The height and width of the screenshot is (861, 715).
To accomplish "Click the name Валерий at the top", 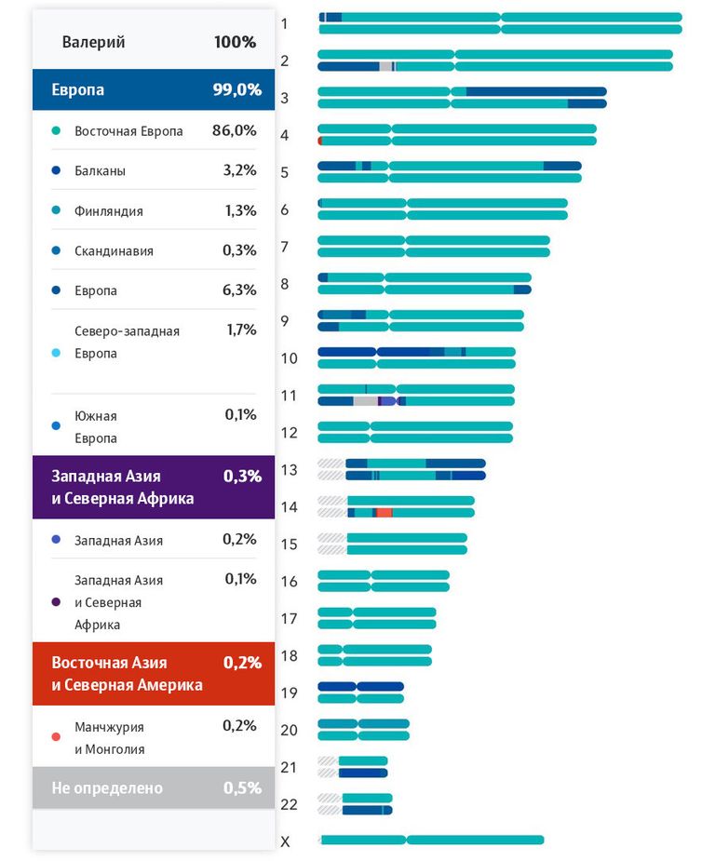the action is pos(93,42).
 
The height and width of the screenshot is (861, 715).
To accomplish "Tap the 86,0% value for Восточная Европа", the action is pos(235,130).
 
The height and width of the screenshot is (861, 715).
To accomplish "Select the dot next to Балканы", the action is pos(56,170).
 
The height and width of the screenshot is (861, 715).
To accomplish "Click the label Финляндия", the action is pos(109,211).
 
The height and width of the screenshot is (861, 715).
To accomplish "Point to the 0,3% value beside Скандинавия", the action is pos(239,250).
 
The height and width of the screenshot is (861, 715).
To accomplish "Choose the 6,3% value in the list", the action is pos(239,289).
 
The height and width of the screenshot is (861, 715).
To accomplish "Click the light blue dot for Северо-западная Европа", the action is pos(56,353).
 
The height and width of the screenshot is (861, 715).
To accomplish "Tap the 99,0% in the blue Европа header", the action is pos(237,89).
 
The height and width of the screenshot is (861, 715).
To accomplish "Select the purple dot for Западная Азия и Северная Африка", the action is pos(56,602).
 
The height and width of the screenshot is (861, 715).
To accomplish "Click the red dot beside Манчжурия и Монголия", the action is pos(56,737).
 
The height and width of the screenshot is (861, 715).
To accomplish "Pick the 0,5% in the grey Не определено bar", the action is pos(242,788).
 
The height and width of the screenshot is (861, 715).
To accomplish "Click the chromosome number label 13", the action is pos(290,470).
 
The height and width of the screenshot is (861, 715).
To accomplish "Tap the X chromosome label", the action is pos(285,841).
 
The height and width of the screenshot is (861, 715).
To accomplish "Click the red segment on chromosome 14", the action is pos(384,513).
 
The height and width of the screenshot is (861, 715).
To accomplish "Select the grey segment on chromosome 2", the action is pos(386,66).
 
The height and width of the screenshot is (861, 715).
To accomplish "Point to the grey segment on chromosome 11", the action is pos(366,401).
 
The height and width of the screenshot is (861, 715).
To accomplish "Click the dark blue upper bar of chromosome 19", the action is pos(361,686).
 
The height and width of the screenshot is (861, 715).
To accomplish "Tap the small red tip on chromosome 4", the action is pos(320,141).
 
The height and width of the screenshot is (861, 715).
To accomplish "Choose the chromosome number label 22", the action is pos(290,804).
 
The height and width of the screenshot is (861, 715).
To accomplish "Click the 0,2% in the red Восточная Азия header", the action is pos(242,663).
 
